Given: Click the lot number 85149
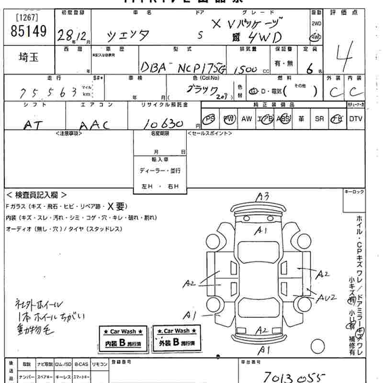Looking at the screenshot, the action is pyautogui.click(x=29, y=32).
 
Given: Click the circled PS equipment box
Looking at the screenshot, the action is pyautogui.click(x=209, y=119).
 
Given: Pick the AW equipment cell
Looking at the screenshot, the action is pyautogui.click(x=247, y=119).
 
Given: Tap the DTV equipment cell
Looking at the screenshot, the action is pyautogui.click(x=356, y=119).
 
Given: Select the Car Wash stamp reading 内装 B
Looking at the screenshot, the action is pyautogui.click(x=124, y=338).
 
